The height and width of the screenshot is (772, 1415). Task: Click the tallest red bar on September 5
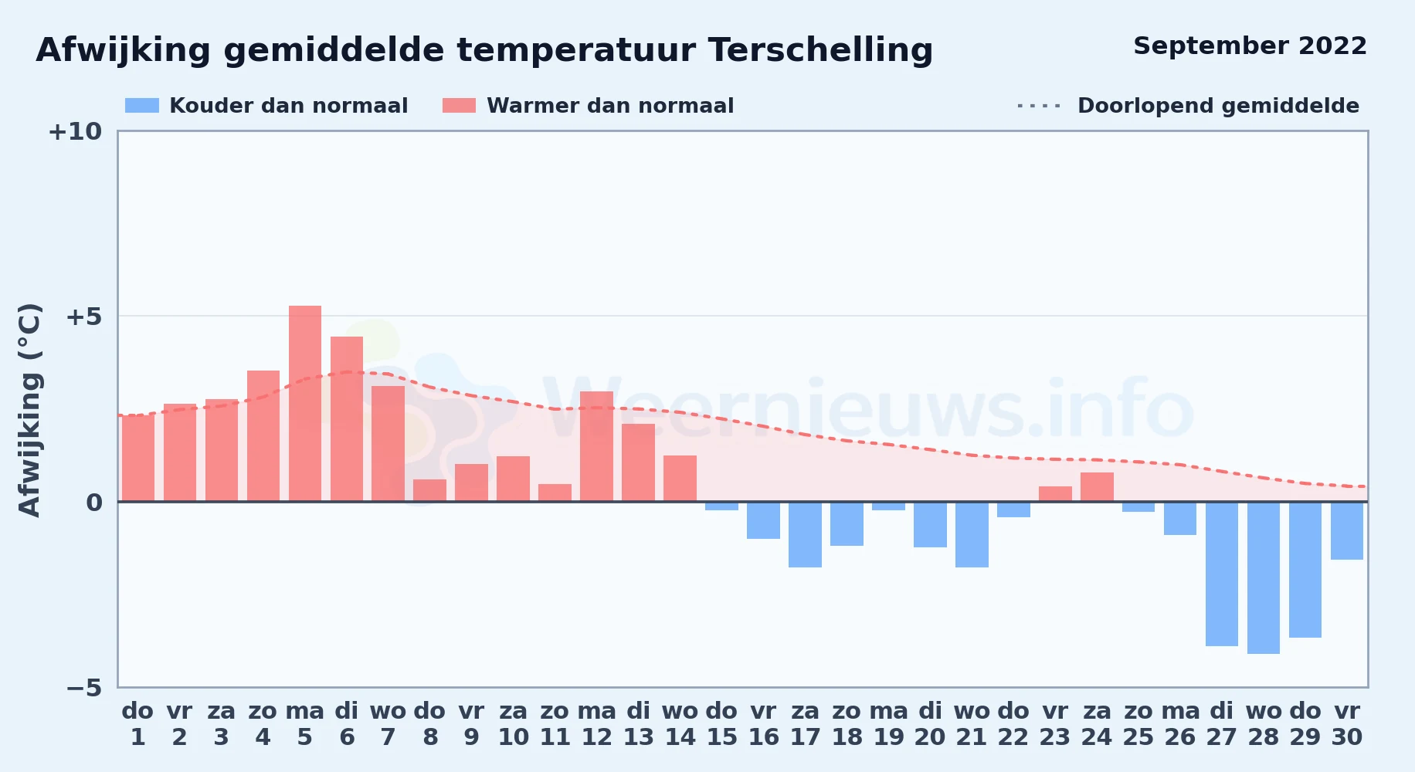305,404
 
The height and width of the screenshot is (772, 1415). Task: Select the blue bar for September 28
1264,578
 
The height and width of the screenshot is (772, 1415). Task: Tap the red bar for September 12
596,446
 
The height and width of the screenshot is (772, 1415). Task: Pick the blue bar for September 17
805,535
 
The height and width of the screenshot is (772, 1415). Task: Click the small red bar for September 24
1097,487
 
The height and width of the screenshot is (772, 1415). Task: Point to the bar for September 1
138,459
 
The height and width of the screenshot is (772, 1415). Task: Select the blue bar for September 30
1347,531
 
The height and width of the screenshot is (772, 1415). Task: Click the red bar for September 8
429,490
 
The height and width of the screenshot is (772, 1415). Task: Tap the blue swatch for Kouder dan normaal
142,106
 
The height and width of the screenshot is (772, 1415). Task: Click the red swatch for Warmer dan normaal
459,106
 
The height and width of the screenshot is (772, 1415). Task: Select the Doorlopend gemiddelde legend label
1218,106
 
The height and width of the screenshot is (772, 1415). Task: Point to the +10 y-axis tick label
75,132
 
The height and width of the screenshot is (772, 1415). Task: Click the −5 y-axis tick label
83,688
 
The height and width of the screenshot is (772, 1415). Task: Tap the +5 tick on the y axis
83,317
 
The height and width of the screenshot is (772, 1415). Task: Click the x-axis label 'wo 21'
972,724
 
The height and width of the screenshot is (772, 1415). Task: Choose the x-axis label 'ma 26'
1180,724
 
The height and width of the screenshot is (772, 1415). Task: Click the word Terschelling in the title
820,50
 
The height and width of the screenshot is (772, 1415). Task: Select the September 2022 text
1250,46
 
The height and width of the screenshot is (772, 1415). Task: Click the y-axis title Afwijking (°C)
30,410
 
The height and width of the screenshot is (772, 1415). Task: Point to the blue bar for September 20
930,525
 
